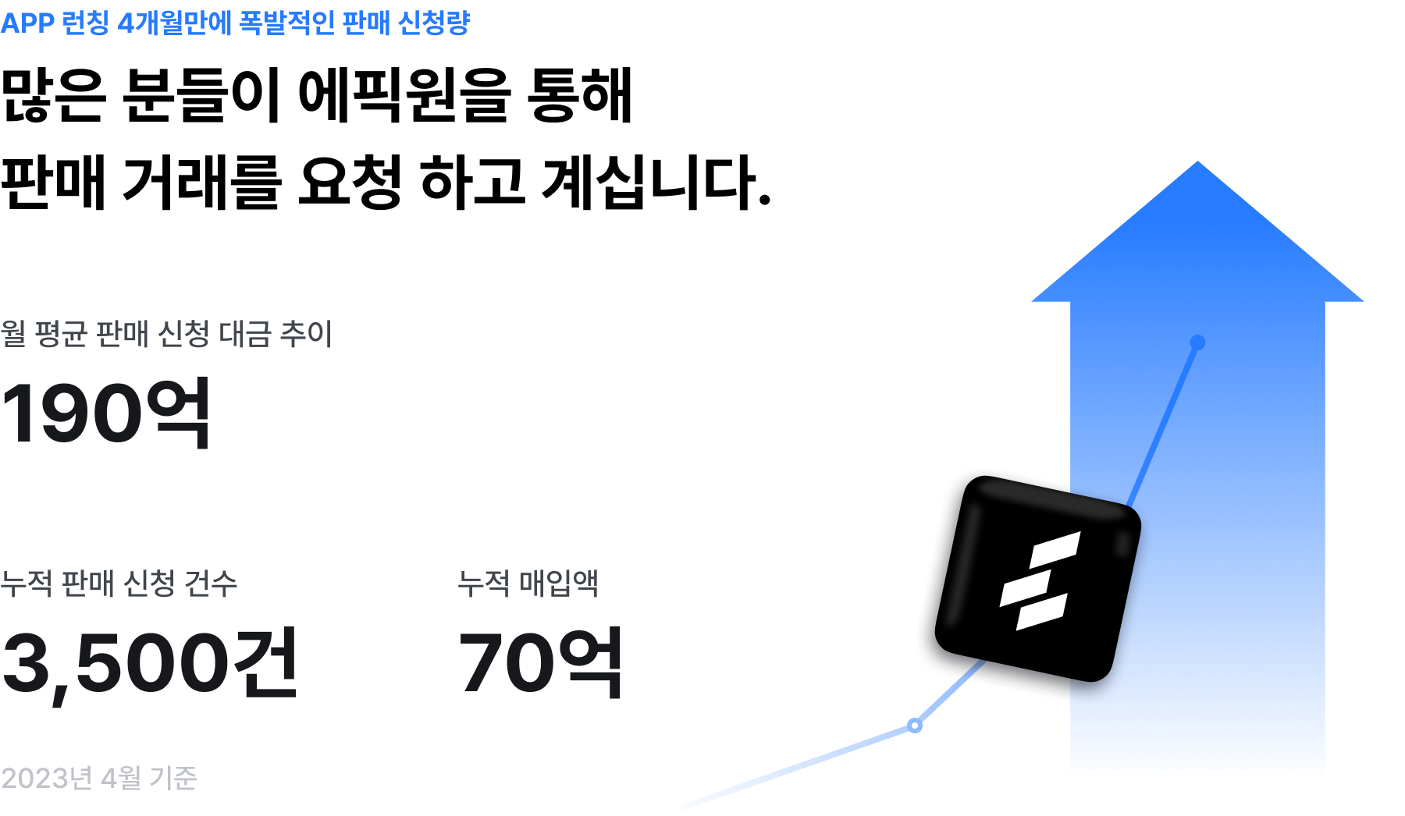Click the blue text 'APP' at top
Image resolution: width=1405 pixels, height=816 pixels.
(x=27, y=23)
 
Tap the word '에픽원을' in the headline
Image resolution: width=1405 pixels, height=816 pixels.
(x=404, y=96)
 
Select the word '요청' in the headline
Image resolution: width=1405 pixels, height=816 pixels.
(x=350, y=183)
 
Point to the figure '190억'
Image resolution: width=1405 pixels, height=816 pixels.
(x=106, y=413)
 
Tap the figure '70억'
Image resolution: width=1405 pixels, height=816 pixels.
(x=540, y=663)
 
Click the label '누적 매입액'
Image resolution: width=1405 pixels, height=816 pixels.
(x=528, y=583)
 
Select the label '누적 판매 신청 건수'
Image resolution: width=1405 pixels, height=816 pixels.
(x=119, y=583)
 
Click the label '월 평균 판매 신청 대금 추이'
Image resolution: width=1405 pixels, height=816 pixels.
(x=166, y=334)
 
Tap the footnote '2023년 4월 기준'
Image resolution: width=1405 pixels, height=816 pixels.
(x=98, y=778)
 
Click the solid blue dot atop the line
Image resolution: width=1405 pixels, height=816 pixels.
(x=1197, y=342)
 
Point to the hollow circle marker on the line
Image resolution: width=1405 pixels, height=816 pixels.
(x=915, y=726)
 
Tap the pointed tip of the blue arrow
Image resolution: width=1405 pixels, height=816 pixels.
(x=1197, y=161)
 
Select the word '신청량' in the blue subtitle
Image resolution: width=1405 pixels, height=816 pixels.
(x=434, y=23)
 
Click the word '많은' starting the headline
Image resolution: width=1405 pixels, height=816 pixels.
(x=53, y=96)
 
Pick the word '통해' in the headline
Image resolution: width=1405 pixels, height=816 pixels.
(x=580, y=96)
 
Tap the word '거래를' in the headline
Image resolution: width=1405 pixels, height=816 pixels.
(x=201, y=183)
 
